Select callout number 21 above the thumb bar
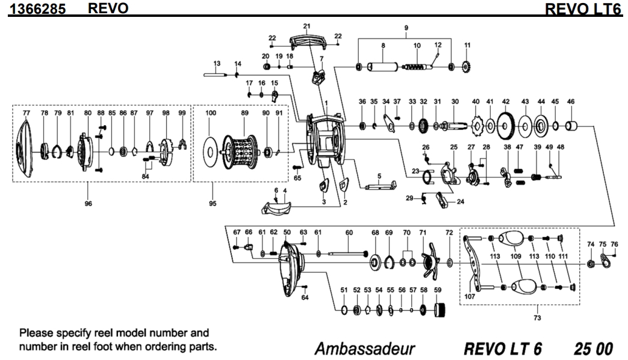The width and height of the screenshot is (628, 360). pos(306,26)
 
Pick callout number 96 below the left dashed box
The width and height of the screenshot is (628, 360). pos(88,203)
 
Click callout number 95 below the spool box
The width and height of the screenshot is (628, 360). pos(212,203)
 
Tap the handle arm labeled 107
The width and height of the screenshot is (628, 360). pos(474,264)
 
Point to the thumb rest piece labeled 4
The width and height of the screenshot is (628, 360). pos(278,207)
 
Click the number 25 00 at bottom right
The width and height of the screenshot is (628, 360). pos(594,349)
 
